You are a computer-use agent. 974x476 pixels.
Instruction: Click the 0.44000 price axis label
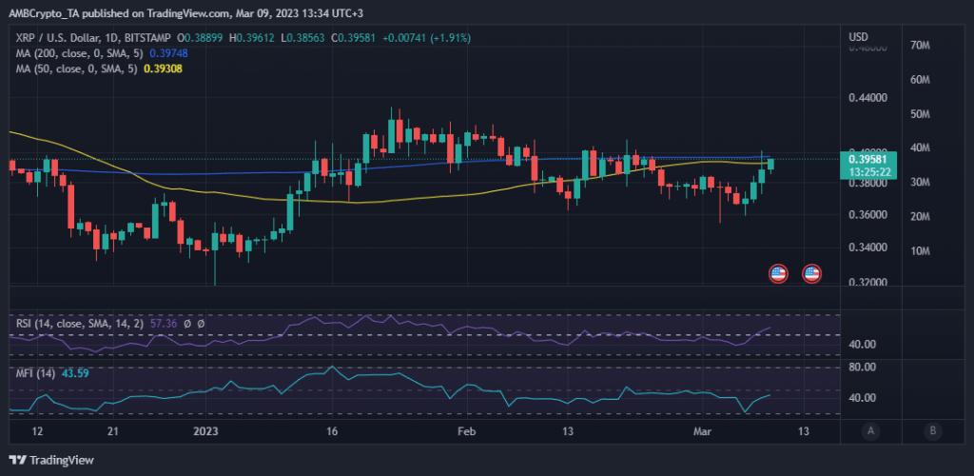coord(868,97)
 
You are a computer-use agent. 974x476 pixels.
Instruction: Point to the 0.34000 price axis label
coord(868,248)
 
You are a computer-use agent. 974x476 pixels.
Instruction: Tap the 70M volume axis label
coord(919,46)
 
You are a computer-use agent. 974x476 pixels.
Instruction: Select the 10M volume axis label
coord(919,250)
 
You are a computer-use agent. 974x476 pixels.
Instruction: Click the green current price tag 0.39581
coord(870,160)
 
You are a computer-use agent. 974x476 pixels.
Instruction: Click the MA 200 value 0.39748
coord(168,53)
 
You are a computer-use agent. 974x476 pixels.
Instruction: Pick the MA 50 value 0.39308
coord(163,69)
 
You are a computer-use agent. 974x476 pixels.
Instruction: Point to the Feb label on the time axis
coord(465,431)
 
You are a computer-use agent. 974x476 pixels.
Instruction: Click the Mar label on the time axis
coord(704,431)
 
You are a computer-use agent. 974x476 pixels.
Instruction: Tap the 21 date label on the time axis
coord(112,431)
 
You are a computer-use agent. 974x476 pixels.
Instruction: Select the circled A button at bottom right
coord(869,430)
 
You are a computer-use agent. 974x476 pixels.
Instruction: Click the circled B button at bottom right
coord(934,430)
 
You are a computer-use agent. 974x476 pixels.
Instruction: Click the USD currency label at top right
coord(858,37)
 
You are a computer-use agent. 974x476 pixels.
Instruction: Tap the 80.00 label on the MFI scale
coord(862,366)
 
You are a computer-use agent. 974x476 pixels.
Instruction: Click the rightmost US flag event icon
coord(811,273)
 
